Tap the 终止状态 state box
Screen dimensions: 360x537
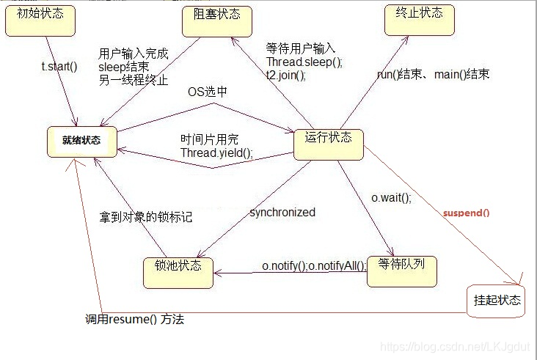coord(418,18)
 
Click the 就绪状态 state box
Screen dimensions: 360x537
coord(81,141)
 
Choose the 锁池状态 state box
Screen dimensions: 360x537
coord(178,271)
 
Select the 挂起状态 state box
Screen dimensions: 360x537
coord(497,301)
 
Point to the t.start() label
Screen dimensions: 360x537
coord(59,67)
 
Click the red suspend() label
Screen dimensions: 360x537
coord(466,213)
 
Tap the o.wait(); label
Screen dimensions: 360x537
coord(391,198)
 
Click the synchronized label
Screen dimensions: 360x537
coord(282,213)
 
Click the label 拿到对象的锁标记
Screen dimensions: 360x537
coord(146,217)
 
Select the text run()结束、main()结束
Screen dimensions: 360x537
coord(433,74)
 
